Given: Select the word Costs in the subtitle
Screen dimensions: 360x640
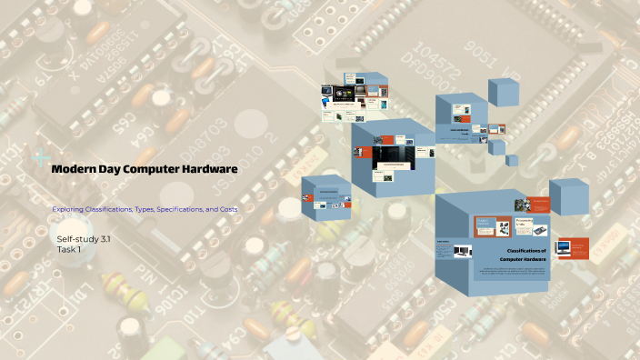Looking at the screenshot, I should click(225, 210).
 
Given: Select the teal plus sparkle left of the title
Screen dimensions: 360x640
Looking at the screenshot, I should click(39, 156).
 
